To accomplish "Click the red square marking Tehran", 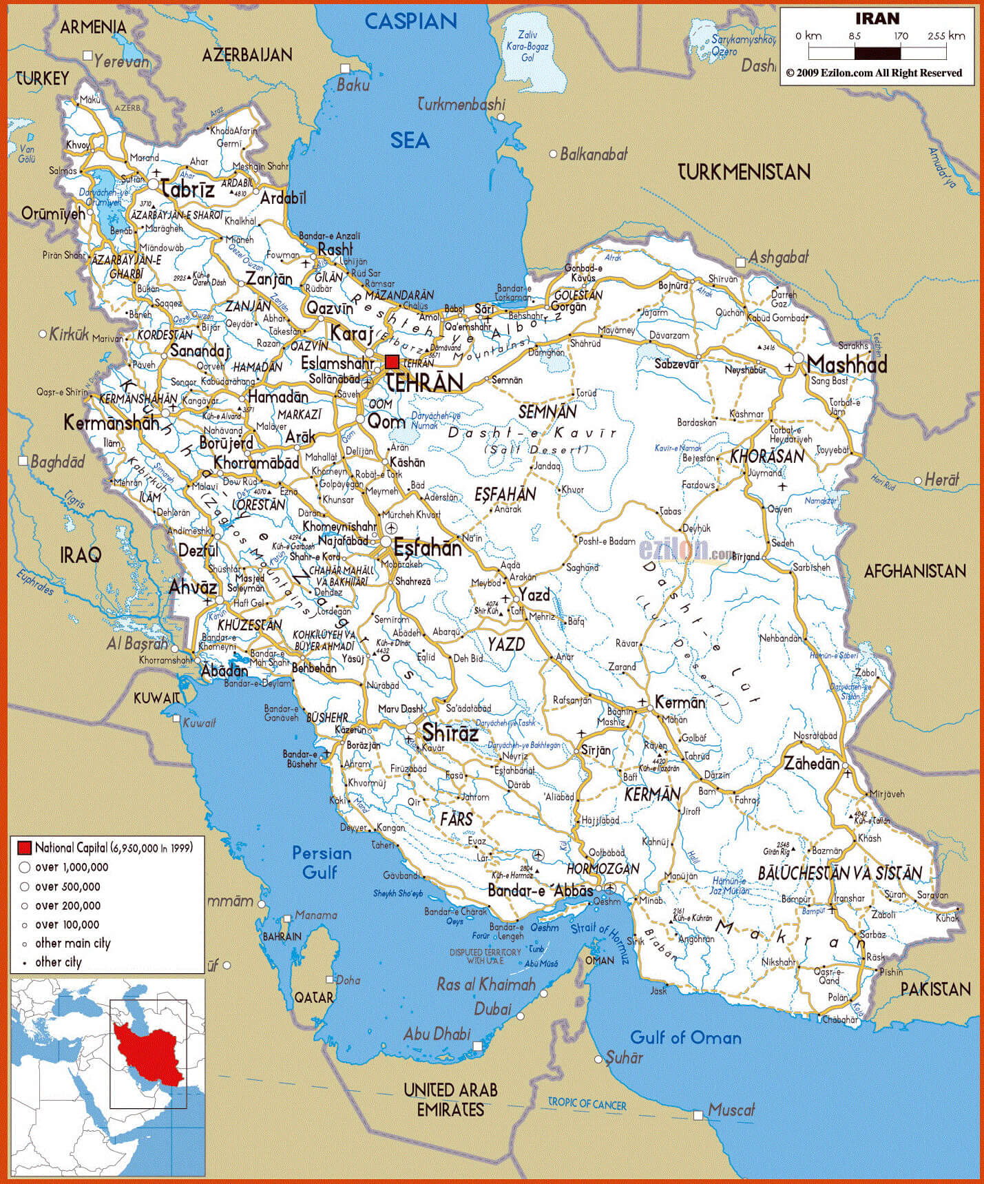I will coord(392,362).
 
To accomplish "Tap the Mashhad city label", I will coord(846,364).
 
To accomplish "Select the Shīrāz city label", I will coord(450,733).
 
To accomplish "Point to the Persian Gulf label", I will coord(322,862).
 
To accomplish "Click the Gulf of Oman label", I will coord(685,1037).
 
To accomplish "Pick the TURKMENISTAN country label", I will coord(744,172).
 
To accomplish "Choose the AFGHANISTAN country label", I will coord(914,570).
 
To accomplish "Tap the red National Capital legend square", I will coord(25,848).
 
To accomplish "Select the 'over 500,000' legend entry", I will coord(67,886).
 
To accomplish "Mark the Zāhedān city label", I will coord(812,763).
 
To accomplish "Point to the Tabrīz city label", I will coord(187,189).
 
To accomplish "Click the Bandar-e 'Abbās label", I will coord(540,891).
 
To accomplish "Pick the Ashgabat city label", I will coord(778,258).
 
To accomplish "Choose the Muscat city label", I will coord(731,1110).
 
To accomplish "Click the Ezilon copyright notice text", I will coord(874,73).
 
